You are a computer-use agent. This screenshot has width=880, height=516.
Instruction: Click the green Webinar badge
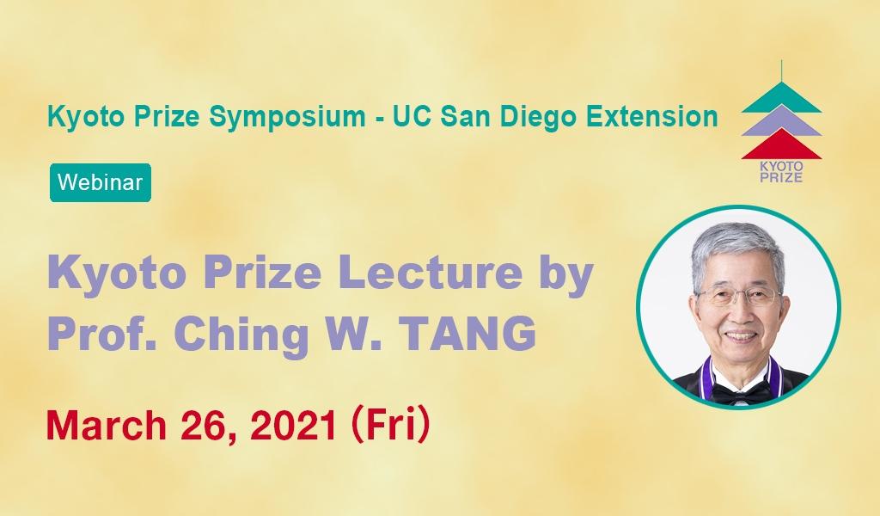(x=100, y=183)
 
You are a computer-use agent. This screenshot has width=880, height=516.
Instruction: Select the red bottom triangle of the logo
(x=781, y=144)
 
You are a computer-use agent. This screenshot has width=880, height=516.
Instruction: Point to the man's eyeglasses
(x=738, y=297)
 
